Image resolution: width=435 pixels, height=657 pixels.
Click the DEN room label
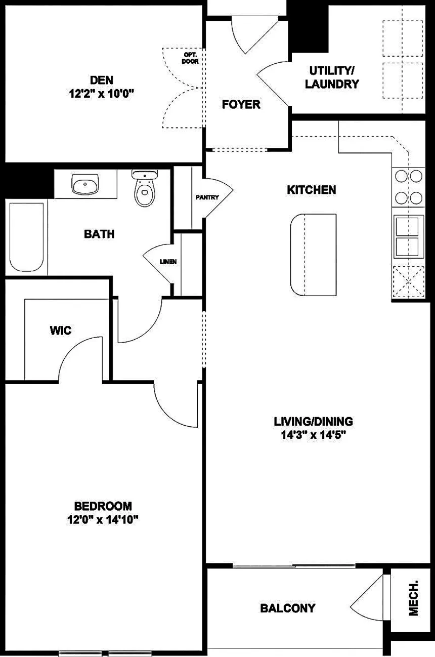pos(102,80)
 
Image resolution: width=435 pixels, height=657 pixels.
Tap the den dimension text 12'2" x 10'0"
pos(102,94)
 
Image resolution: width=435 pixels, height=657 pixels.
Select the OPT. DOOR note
pos(190,58)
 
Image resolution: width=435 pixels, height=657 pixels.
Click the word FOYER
pos(241,104)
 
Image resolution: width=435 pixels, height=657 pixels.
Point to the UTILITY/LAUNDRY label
pos(332,77)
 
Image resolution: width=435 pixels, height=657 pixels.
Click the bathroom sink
pos(85,184)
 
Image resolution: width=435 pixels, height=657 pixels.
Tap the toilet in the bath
pos(145,188)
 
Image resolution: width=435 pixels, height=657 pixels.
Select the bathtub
pos(27,237)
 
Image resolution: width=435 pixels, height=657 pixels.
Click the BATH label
pos(99,234)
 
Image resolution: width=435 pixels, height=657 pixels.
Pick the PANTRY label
pos(207,197)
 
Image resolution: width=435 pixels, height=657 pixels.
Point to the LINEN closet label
pos(168,262)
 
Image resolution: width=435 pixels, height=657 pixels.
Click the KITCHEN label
pos(311,190)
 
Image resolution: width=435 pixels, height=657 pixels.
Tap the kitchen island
pos(314,255)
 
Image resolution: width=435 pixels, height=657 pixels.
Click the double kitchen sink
pos(408,236)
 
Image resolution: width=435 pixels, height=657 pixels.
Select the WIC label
pos(61,331)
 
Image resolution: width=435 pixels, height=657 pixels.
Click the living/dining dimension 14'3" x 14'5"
pos(314,435)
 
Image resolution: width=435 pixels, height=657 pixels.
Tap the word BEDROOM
pos(103,506)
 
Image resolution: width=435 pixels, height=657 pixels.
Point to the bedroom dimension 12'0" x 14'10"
pos(103,520)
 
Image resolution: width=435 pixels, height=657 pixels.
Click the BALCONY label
pos(288,608)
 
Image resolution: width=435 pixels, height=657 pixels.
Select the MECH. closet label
pos(413,598)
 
